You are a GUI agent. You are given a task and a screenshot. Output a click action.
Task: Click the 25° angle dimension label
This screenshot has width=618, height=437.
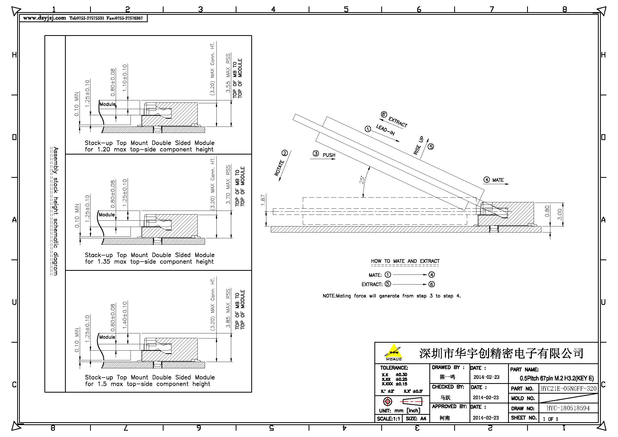[362, 180]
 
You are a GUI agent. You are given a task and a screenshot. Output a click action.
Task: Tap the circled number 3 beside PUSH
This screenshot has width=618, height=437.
[316, 154]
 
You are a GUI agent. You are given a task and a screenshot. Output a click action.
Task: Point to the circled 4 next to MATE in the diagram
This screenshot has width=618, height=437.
[486, 180]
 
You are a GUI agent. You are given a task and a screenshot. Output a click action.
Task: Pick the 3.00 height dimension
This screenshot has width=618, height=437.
[560, 215]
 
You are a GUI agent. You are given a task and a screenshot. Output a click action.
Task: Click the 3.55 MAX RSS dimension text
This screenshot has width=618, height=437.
[228, 73]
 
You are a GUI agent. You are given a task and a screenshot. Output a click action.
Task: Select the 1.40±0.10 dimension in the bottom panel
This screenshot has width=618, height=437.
[124, 315]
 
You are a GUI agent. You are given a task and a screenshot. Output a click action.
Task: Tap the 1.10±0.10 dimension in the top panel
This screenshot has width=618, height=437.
[124, 78]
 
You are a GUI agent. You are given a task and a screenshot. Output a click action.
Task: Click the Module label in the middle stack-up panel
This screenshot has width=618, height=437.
[106, 215]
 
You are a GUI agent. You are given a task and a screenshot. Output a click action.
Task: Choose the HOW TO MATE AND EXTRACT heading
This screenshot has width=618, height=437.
[405, 261]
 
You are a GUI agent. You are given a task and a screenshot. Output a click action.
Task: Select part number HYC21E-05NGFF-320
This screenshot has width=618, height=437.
[568, 389]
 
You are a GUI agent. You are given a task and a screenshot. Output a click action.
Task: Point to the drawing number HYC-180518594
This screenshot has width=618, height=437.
[568, 408]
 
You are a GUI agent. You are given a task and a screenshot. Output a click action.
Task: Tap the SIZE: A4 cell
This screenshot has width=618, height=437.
[416, 419]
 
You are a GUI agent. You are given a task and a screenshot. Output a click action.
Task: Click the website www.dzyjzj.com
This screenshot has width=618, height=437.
[44, 18]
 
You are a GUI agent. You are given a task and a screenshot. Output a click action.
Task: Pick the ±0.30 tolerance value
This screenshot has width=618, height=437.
[401, 375]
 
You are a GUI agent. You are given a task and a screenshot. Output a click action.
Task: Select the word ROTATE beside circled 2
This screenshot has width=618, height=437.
[279, 168]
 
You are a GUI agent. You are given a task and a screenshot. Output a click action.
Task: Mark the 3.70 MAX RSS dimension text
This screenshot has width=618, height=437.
[228, 185]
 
